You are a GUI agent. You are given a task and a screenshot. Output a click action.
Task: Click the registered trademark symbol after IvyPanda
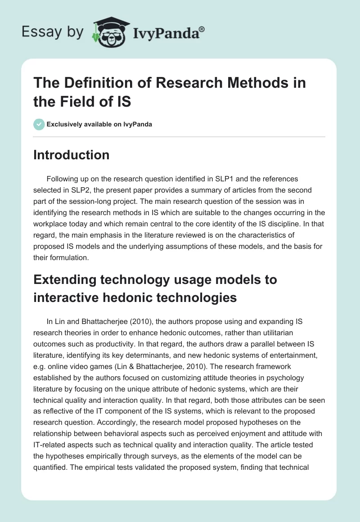coord(202,29)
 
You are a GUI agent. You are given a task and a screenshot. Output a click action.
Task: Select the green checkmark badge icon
coord(39,124)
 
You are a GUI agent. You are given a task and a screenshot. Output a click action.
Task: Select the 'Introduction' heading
coord(72,155)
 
